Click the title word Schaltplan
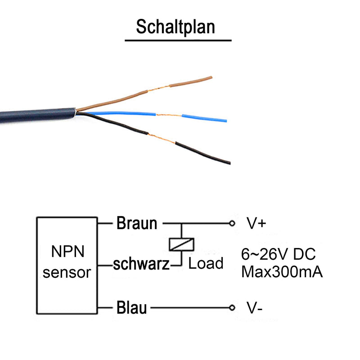tap(175, 27)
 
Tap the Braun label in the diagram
tap(137, 223)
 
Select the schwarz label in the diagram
tap(141, 264)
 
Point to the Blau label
tap(131, 307)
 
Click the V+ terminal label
tap(256, 223)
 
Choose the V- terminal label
tap(254, 308)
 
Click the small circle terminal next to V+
tap(232, 223)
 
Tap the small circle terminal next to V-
tap(232, 307)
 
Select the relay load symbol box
tap(181, 244)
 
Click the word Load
tap(206, 263)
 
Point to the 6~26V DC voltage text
tap(278, 254)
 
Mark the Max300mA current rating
tap(282, 272)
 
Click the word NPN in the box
tap(68, 252)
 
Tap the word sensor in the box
tap(67, 273)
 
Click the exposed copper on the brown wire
tap(158, 88)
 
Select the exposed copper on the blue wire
tap(169, 115)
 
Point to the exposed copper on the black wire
tap(162, 139)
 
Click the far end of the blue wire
tap(226, 121)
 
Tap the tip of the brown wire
tap(211, 77)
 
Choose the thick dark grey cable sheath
tap(38, 116)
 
